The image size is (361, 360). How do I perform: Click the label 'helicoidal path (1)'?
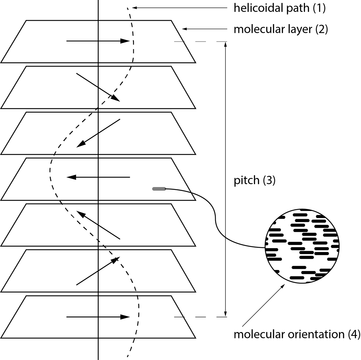279,8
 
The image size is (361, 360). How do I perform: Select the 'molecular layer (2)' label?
280,29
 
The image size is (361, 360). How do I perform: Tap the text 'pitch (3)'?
255,180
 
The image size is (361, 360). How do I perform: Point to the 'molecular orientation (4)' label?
296,334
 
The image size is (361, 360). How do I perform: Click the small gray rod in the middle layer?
159,189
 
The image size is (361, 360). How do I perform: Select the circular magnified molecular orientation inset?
302,246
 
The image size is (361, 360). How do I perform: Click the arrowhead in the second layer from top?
116,98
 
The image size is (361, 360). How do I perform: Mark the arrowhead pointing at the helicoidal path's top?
135,8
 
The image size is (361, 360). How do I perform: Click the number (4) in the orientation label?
353,334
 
